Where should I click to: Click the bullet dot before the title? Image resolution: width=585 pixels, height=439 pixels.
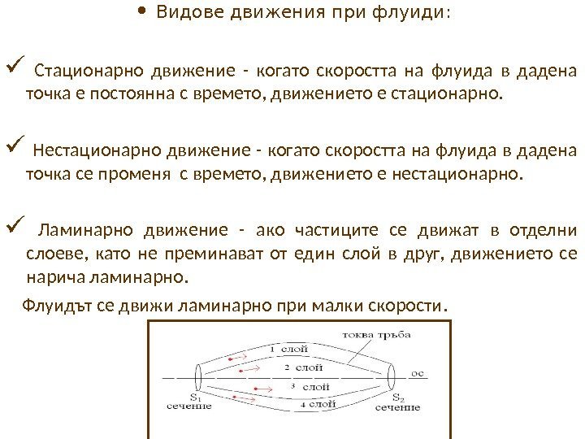(142, 13)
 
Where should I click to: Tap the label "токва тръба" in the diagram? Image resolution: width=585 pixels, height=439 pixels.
(375, 335)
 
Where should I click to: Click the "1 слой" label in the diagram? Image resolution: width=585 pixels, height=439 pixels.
(288, 349)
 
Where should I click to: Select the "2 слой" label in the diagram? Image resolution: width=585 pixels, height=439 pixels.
(298, 367)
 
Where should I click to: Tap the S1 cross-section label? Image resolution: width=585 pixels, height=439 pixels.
(195, 396)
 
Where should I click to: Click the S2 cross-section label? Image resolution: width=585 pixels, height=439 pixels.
(397, 398)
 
